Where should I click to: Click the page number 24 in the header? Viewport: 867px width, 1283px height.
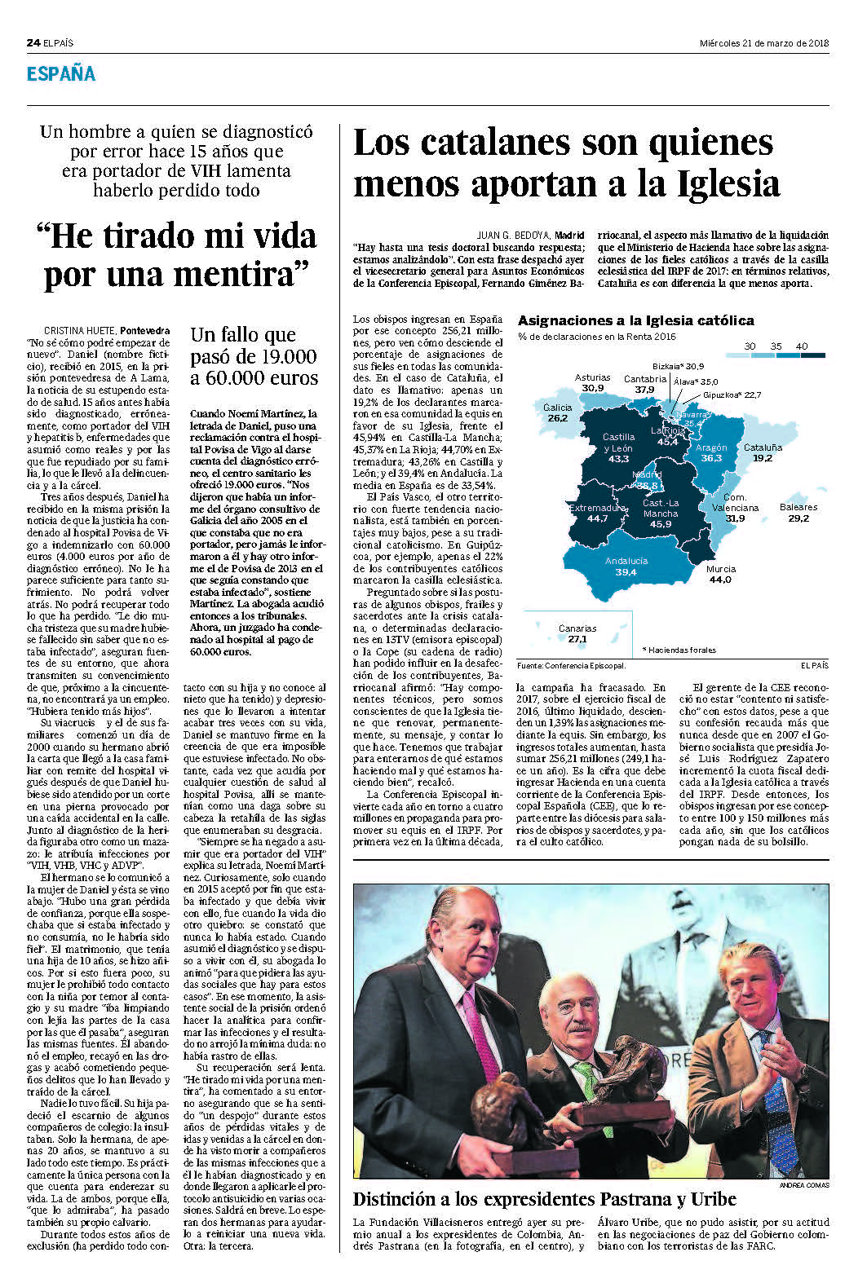point(33,43)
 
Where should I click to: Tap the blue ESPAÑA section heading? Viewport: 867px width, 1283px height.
point(61,74)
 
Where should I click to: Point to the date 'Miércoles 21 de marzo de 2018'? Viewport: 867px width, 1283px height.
point(764,43)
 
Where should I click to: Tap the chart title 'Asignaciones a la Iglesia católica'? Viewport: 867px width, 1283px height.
point(635,321)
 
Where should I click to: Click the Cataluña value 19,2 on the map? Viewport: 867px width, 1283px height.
point(763,458)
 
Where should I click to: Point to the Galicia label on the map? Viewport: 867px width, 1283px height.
point(557,408)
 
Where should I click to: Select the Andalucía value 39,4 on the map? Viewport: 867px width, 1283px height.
point(626,572)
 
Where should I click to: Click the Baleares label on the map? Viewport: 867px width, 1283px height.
point(798,507)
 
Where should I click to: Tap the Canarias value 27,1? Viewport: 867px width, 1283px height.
point(577,639)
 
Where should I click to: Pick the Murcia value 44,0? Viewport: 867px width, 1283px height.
point(720,580)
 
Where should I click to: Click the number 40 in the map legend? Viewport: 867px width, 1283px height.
point(802,346)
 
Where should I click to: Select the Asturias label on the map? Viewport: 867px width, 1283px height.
point(592,377)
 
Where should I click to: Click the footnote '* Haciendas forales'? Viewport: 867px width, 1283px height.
point(679,650)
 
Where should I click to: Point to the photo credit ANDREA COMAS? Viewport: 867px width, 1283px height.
point(803,1184)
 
